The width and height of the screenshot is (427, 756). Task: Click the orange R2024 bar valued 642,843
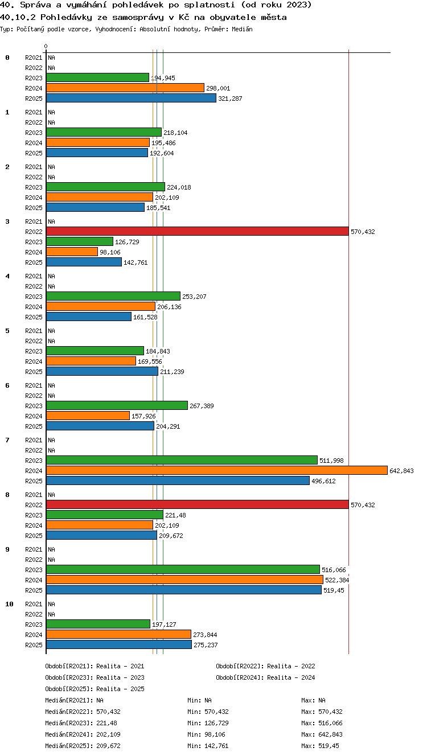(217, 470)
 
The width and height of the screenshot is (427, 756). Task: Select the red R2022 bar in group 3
(198, 231)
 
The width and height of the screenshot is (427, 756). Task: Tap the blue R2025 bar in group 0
(131, 98)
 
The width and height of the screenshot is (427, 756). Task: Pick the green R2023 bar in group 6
(117, 405)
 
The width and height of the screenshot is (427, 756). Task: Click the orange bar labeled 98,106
(72, 252)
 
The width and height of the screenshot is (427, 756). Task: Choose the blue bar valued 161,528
(89, 317)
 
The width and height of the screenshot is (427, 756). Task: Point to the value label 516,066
(334, 570)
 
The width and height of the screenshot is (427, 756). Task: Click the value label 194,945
(163, 78)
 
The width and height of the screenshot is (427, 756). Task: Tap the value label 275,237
(206, 645)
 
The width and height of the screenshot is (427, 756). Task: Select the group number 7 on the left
(7, 440)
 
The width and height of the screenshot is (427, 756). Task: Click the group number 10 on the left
(9, 604)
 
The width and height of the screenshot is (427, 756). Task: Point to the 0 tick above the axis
(46, 46)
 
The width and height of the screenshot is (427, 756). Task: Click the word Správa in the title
(35, 5)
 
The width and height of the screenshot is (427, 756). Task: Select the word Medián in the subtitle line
(242, 29)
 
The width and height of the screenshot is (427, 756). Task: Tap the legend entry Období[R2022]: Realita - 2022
(265, 666)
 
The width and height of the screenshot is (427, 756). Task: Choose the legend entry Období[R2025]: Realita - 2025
(95, 689)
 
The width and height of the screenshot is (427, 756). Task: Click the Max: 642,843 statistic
(322, 734)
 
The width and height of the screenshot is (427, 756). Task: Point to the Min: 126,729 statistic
(208, 723)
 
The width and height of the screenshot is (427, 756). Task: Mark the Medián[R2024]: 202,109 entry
(83, 734)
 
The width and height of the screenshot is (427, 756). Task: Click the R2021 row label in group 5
(34, 331)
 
